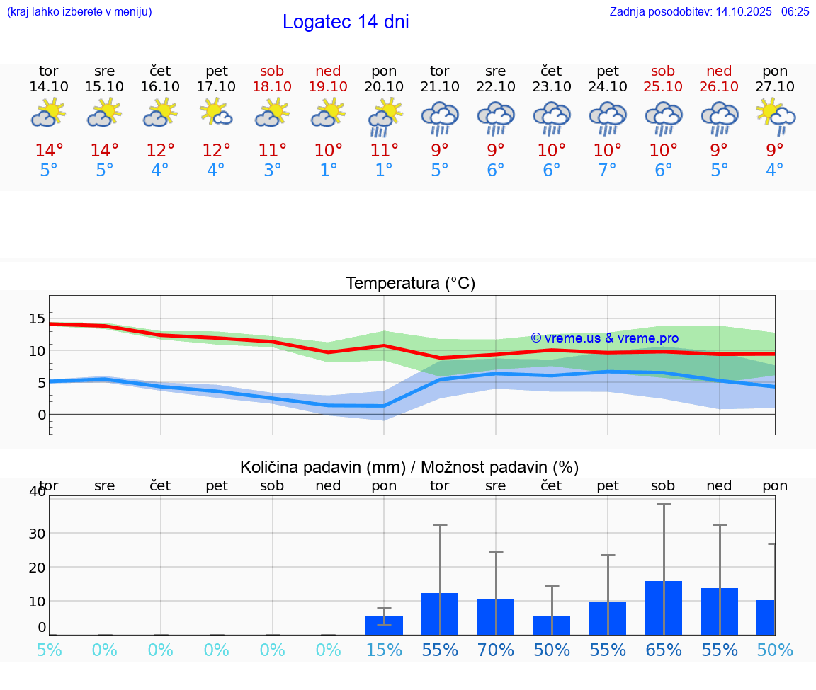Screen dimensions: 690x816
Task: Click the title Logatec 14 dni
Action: click(346, 22)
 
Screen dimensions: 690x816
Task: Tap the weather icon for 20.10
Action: click(384, 117)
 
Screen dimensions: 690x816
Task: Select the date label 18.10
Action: click(272, 86)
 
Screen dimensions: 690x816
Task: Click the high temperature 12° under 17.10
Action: click(216, 150)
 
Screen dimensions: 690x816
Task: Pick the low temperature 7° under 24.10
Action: click(607, 170)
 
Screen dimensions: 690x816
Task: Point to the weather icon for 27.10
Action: click(775, 117)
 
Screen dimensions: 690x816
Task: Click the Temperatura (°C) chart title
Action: click(410, 283)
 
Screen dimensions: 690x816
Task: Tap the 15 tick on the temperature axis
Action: click(37, 318)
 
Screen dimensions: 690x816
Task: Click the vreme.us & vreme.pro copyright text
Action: click(604, 338)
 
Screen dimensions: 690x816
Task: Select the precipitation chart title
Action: click(409, 467)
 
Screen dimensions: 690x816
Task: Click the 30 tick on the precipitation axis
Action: click(37, 533)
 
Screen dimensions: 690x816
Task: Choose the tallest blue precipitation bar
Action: click(663, 608)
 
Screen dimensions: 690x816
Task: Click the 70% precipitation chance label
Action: click(496, 650)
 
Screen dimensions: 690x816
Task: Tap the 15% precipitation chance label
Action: click(384, 650)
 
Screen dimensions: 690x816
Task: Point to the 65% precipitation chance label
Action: click(663, 650)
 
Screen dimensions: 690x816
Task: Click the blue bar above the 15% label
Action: click(384, 626)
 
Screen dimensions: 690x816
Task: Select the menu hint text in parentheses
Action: click(79, 11)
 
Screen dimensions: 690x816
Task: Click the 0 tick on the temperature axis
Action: click(42, 415)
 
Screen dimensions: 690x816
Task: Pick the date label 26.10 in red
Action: click(719, 86)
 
